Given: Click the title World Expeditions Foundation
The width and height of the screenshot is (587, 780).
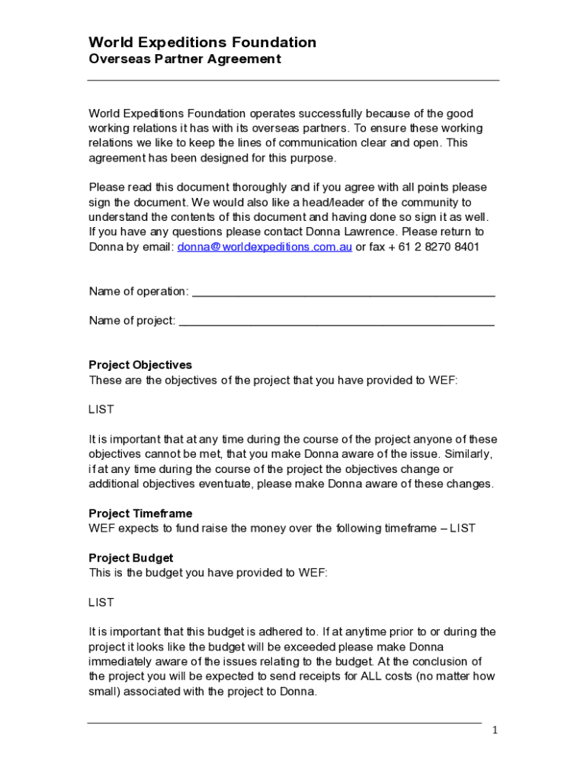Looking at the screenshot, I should tap(202, 43).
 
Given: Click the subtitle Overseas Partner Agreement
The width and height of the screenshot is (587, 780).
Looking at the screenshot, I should tap(184, 59).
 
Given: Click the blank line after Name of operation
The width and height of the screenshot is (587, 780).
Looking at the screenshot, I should tap(343, 292).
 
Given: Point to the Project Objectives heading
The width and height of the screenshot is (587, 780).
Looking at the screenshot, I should tap(140, 365).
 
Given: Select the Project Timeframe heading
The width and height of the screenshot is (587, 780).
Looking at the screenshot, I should tap(140, 513).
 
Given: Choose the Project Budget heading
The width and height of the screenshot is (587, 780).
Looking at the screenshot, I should tap(131, 558).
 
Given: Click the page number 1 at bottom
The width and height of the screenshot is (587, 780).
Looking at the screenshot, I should tap(495, 730).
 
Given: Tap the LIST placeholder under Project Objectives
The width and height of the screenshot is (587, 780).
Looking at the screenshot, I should tap(101, 410).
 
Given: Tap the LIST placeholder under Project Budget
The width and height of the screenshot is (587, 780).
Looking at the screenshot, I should tap(101, 603).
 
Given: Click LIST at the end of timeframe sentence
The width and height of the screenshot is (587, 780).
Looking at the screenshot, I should tap(463, 528).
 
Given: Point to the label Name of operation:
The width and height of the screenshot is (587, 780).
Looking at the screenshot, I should tap(139, 292).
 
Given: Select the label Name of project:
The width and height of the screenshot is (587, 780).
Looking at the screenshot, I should tap(132, 321).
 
